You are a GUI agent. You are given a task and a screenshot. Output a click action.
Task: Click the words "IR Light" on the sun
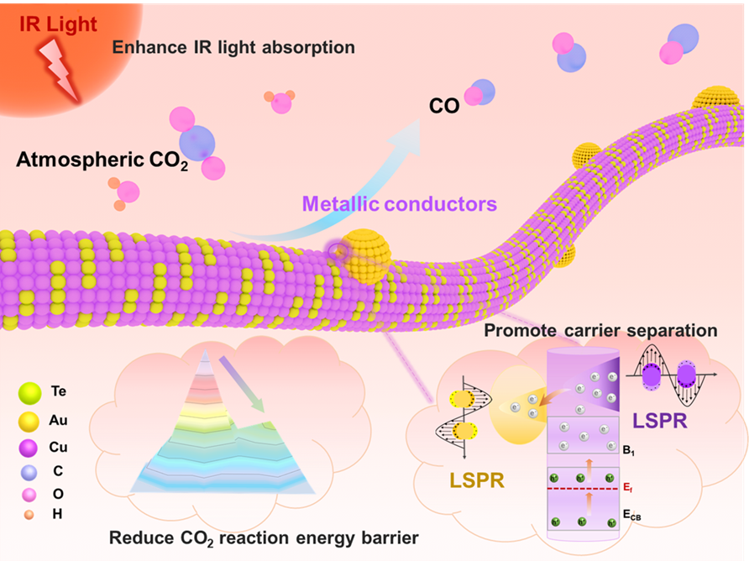coord(58,24)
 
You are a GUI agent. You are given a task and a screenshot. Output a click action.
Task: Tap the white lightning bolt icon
coord(60,71)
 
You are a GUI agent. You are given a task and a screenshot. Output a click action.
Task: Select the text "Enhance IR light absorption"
coord(233,47)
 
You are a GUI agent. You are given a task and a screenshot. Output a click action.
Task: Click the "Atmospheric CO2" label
coord(102,160)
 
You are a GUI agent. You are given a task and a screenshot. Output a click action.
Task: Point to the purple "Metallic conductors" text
coord(400,203)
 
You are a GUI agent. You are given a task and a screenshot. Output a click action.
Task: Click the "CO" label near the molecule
coord(444,106)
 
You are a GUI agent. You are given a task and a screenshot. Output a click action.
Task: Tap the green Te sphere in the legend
coord(29,393)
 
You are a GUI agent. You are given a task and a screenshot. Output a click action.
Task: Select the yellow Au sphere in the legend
coord(29,422)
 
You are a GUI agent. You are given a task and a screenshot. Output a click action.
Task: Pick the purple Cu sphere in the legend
coord(29,448)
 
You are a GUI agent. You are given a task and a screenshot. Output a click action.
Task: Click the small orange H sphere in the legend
coord(29,515)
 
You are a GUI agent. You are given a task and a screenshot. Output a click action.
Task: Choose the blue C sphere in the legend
coord(29,472)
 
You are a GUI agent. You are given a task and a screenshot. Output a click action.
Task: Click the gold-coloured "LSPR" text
coord(477,480)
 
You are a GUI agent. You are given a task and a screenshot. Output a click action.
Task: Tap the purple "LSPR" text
coord(660,421)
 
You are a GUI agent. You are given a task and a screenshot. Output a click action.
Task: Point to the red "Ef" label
coord(628,488)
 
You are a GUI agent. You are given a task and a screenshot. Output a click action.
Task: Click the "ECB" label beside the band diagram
coord(631,515)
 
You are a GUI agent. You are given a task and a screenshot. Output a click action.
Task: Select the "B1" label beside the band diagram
coord(628,450)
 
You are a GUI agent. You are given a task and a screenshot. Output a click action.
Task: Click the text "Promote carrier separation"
coord(600,330)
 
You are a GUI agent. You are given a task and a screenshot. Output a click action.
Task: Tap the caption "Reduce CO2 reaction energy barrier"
coord(264,538)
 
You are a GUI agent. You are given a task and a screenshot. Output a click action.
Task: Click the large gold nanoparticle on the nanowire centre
coord(366,255)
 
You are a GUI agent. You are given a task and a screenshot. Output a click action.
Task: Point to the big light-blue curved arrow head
coord(407,137)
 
